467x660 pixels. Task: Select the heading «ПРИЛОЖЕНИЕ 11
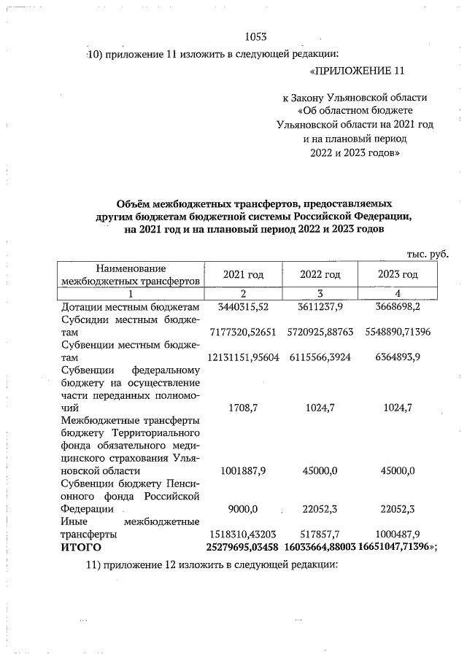[x=356, y=71]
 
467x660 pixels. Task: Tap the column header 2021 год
[x=243, y=274]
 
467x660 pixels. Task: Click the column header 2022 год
[x=320, y=274]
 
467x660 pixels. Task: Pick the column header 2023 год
[x=398, y=274]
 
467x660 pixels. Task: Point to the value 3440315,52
[x=244, y=308]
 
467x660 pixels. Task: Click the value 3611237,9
[x=320, y=308]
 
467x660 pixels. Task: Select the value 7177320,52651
[x=244, y=332]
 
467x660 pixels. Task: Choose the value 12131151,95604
[x=244, y=359]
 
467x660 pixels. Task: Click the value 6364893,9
[x=398, y=359]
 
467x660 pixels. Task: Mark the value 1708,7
[x=244, y=408]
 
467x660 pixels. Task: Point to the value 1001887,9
[x=244, y=470]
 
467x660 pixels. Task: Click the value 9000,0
[x=244, y=508]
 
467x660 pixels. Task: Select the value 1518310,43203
[x=244, y=534]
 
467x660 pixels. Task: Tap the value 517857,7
[x=320, y=534]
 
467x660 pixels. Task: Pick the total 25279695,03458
[x=244, y=546]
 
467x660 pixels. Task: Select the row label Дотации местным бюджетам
[x=129, y=308]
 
